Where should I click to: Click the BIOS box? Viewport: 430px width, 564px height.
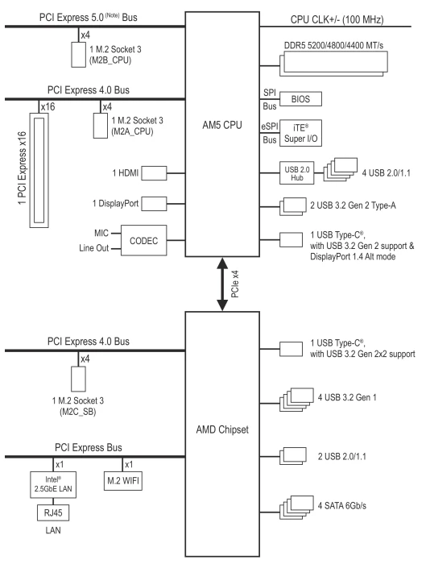point(300,99)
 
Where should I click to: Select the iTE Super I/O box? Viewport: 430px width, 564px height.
point(300,133)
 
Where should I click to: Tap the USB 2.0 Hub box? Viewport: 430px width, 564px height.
point(296,173)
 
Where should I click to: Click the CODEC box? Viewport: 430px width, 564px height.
point(144,240)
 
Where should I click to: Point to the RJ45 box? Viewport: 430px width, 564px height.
point(53,512)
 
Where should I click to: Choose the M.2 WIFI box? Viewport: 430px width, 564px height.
point(122,480)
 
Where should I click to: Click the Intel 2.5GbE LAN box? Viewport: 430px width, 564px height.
point(53,484)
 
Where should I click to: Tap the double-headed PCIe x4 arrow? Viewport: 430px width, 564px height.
point(222,284)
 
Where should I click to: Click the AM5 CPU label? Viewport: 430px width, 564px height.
point(222,125)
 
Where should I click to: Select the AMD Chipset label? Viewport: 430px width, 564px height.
point(222,429)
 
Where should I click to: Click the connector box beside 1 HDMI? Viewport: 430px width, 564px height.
point(154,173)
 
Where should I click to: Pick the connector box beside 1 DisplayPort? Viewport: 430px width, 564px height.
point(154,204)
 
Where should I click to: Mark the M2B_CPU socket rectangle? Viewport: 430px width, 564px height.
point(78,55)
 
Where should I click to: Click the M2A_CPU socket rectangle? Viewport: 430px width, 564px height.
point(101,126)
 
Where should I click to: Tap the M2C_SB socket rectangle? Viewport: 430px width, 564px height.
point(78,379)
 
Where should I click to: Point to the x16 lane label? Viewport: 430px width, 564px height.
point(48,107)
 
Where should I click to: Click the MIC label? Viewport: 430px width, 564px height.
point(101,233)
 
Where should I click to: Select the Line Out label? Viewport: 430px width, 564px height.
point(94,248)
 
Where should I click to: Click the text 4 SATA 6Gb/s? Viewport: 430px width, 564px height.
point(342,506)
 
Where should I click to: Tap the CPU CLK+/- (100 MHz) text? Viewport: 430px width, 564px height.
point(337,19)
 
